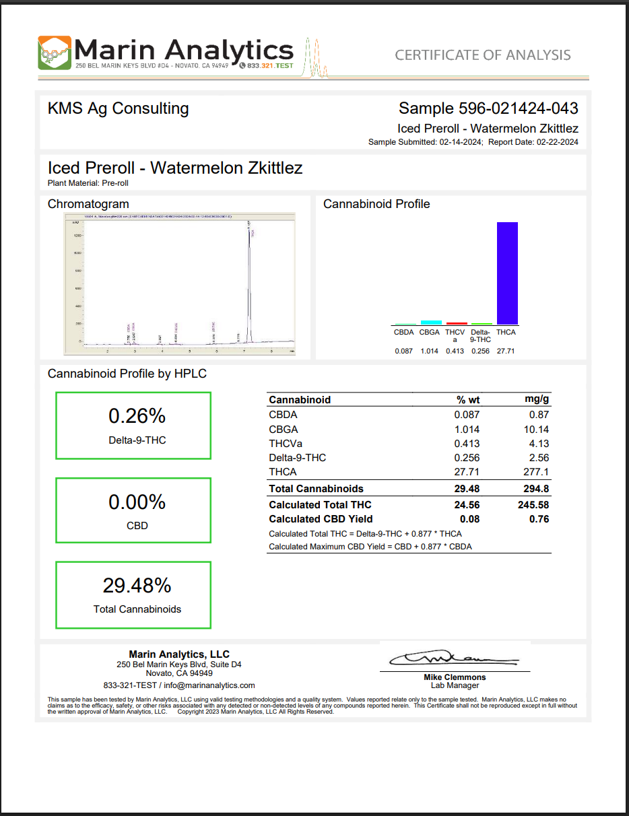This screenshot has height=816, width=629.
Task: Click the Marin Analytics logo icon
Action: [55, 53]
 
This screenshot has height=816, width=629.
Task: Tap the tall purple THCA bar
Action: [507, 273]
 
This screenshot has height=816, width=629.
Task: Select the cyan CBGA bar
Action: [431, 322]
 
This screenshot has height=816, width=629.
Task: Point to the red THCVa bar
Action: [457, 323]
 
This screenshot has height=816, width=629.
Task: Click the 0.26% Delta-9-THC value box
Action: [133, 426]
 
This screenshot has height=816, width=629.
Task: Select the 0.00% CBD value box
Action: [133, 510]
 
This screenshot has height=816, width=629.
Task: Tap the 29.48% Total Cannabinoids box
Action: [133, 595]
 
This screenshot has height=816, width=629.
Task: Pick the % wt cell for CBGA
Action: [467, 430]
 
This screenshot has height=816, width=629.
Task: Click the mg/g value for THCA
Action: [536, 472]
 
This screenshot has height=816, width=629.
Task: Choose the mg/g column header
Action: [537, 399]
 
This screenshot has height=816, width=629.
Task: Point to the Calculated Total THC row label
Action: [320, 505]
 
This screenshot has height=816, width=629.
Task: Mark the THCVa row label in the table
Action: [286, 444]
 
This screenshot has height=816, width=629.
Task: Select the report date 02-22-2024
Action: [556, 142]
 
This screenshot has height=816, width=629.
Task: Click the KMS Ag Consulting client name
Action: [119, 108]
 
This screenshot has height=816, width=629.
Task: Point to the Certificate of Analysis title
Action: [482, 55]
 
